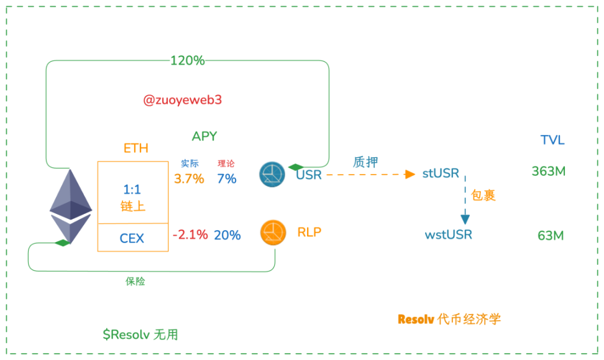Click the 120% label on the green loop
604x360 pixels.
188,61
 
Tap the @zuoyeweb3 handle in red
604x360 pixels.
182,100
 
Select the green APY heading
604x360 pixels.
204,136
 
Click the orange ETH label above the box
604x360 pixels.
136,148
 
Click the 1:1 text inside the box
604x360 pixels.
132,188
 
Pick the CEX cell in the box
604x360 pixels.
132,238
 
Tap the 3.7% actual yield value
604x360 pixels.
189,179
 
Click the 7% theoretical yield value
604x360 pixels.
227,179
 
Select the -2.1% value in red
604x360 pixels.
190,235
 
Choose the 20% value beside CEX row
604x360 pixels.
227,235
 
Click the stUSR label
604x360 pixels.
441,173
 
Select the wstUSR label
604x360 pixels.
448,235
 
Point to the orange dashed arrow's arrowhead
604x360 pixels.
410,174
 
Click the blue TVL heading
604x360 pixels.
552,140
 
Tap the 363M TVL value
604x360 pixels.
549,172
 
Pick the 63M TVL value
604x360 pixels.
551,236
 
